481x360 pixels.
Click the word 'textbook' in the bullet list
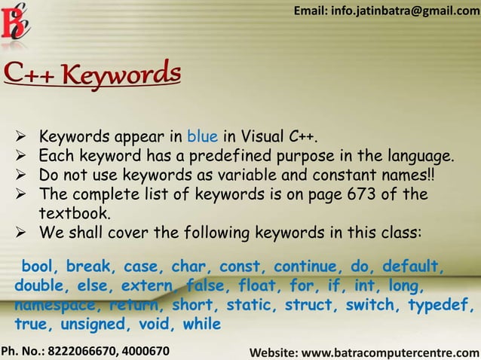74,213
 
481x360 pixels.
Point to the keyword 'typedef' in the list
441,306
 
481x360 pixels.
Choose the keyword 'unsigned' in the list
90,325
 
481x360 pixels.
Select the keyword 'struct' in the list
305,306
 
